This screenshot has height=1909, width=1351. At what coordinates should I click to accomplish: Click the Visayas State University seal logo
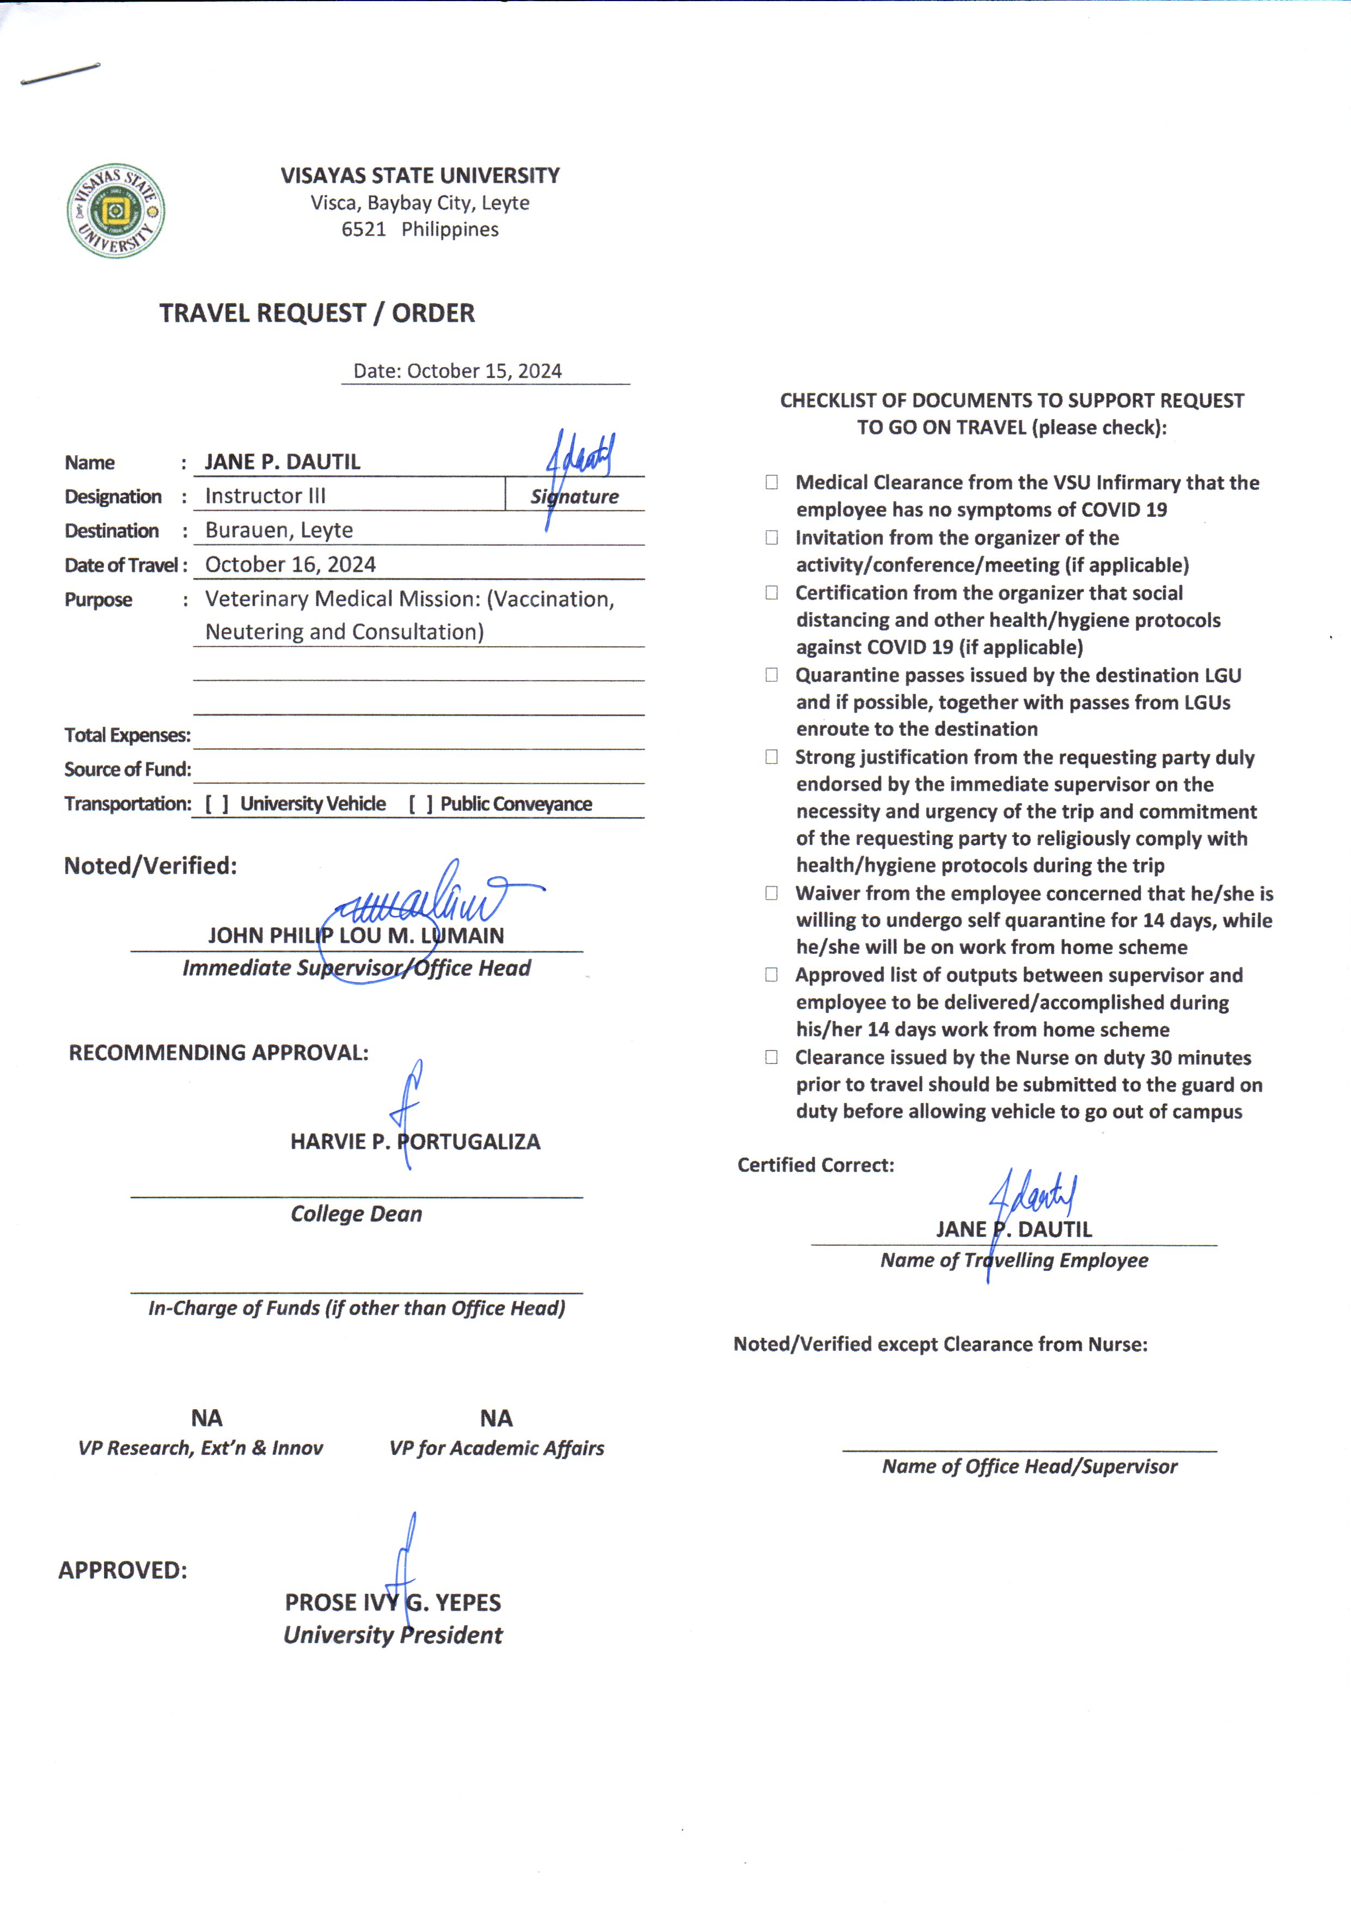(115, 211)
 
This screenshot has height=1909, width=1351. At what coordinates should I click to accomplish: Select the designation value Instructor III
(265, 495)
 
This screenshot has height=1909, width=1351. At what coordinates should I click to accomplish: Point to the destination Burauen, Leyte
(279, 530)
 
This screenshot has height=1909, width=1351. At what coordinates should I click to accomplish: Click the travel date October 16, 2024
(290, 565)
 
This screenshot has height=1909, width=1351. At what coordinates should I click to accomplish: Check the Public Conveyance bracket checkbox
(420, 804)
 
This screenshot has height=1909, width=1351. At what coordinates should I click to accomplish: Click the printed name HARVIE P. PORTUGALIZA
(415, 1141)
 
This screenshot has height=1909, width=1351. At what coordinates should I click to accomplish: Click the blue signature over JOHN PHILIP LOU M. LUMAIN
(432, 903)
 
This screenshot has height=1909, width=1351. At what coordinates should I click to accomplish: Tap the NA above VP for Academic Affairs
(496, 1418)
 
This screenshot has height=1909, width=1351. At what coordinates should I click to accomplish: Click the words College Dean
(356, 1214)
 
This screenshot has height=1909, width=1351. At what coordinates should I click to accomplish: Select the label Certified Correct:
(815, 1165)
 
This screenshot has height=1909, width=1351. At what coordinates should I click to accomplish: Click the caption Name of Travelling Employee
(1014, 1260)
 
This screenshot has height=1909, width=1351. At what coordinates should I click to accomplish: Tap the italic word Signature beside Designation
(575, 497)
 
